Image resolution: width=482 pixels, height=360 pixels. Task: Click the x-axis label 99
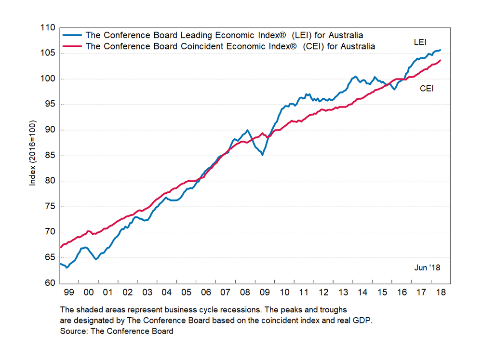pos(69,292)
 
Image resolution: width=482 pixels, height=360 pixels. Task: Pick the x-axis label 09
pos(264,292)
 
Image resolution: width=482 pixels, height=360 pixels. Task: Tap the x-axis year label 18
pos(440,292)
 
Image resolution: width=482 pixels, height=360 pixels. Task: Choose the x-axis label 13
pos(343,292)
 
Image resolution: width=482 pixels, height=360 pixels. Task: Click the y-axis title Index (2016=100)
pos(33,155)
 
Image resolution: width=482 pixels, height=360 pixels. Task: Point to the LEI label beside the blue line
pos(420,42)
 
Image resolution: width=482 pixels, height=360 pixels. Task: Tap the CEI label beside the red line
pos(427,88)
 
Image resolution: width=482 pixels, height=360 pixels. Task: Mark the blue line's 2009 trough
pos(263,155)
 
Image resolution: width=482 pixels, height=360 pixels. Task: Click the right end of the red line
pos(441,60)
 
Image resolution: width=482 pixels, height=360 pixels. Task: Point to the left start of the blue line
pos(60,263)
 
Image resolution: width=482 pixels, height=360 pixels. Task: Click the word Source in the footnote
pos(72,331)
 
